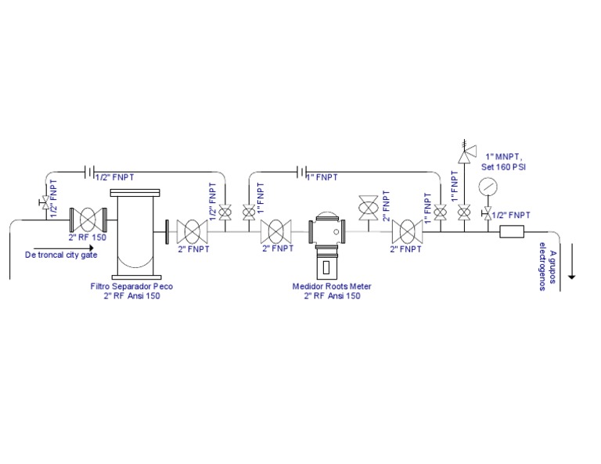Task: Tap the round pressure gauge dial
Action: point(488,187)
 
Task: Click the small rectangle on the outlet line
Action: point(512,232)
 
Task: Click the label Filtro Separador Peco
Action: point(131,287)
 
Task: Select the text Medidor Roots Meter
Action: point(332,287)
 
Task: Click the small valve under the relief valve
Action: point(464,211)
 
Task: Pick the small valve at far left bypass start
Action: point(44,205)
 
